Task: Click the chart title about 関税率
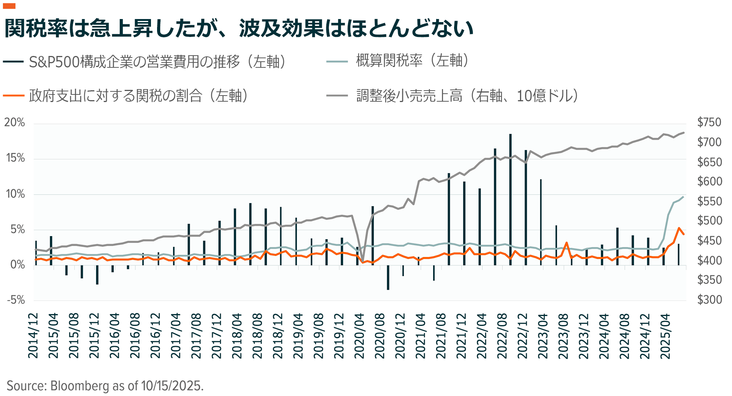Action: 238,28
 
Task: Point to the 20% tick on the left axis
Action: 14,123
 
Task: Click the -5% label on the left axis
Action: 16,300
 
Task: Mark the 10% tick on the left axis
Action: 15,194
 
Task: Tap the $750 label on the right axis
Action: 709,122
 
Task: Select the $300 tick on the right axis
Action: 709,300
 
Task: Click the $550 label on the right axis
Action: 709,201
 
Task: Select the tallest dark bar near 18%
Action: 510,198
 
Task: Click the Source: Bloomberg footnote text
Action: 105,386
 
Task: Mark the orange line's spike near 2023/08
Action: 567,243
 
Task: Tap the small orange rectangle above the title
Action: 9,6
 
